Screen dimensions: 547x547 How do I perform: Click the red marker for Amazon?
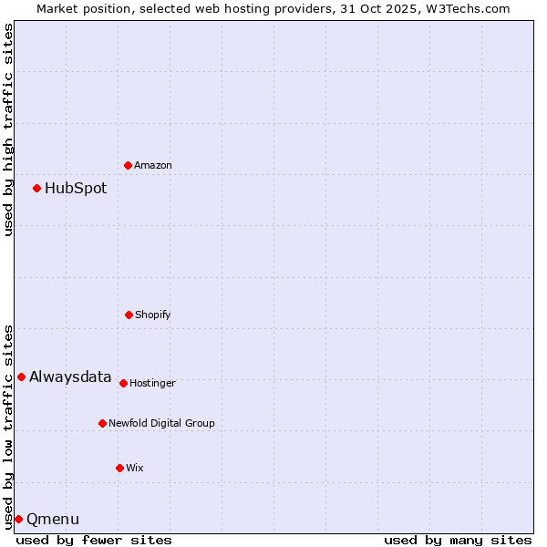coord(128,165)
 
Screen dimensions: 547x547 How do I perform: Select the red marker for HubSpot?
coord(36,188)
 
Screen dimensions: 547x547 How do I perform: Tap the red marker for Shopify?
coord(129,315)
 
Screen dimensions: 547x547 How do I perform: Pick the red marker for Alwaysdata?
coord(21,377)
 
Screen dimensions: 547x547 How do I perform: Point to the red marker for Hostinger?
coord(123,383)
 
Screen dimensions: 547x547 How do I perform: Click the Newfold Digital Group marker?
coord(102,423)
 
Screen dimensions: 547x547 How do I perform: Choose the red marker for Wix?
coord(119,468)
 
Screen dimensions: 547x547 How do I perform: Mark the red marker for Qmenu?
coord(18,519)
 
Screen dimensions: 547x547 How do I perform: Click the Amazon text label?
coord(153,165)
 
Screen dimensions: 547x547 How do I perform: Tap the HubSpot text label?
coord(76,189)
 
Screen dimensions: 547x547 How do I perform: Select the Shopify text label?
coord(153,315)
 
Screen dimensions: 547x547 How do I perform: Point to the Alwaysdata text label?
coord(70,377)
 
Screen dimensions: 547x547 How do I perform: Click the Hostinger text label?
coord(152,383)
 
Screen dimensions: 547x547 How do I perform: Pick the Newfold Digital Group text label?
coord(161,423)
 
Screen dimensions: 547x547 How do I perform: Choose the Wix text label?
coord(135,468)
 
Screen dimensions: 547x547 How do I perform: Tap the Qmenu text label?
coord(53,520)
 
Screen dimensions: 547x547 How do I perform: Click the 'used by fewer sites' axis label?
coord(94,540)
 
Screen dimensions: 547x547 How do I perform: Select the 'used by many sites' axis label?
coord(458,540)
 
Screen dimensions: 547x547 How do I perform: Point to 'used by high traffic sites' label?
coord(8,129)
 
